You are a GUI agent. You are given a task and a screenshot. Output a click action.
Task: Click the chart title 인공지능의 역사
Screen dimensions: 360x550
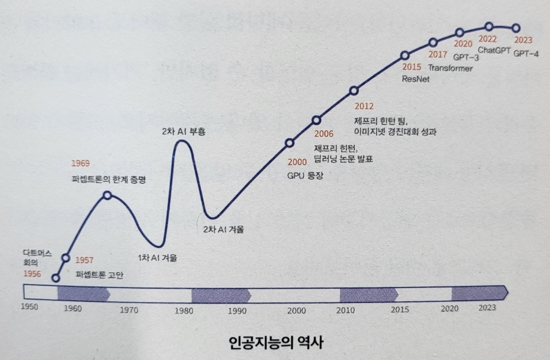274,343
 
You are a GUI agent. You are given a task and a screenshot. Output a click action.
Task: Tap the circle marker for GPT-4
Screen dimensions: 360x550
516,28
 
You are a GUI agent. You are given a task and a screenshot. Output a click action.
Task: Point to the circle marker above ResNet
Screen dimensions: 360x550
405,55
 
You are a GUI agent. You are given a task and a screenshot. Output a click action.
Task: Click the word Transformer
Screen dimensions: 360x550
450,68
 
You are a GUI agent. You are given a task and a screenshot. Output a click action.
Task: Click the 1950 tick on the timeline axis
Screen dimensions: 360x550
29,308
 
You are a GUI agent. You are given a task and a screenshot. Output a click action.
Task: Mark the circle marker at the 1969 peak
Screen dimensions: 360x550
107,195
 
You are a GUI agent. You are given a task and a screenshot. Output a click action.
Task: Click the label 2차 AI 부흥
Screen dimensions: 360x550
184,131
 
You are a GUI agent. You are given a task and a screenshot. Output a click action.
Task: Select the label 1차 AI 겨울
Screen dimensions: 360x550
157,257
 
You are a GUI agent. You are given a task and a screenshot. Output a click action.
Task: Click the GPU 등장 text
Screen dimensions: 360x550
305,176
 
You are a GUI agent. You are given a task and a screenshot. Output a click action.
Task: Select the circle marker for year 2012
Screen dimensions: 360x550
354,90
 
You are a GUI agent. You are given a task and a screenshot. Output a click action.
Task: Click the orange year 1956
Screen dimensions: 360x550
32,274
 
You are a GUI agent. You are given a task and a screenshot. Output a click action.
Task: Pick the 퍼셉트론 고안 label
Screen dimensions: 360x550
100,275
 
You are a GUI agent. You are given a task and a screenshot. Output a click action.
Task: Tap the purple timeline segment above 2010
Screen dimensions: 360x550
369,294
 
